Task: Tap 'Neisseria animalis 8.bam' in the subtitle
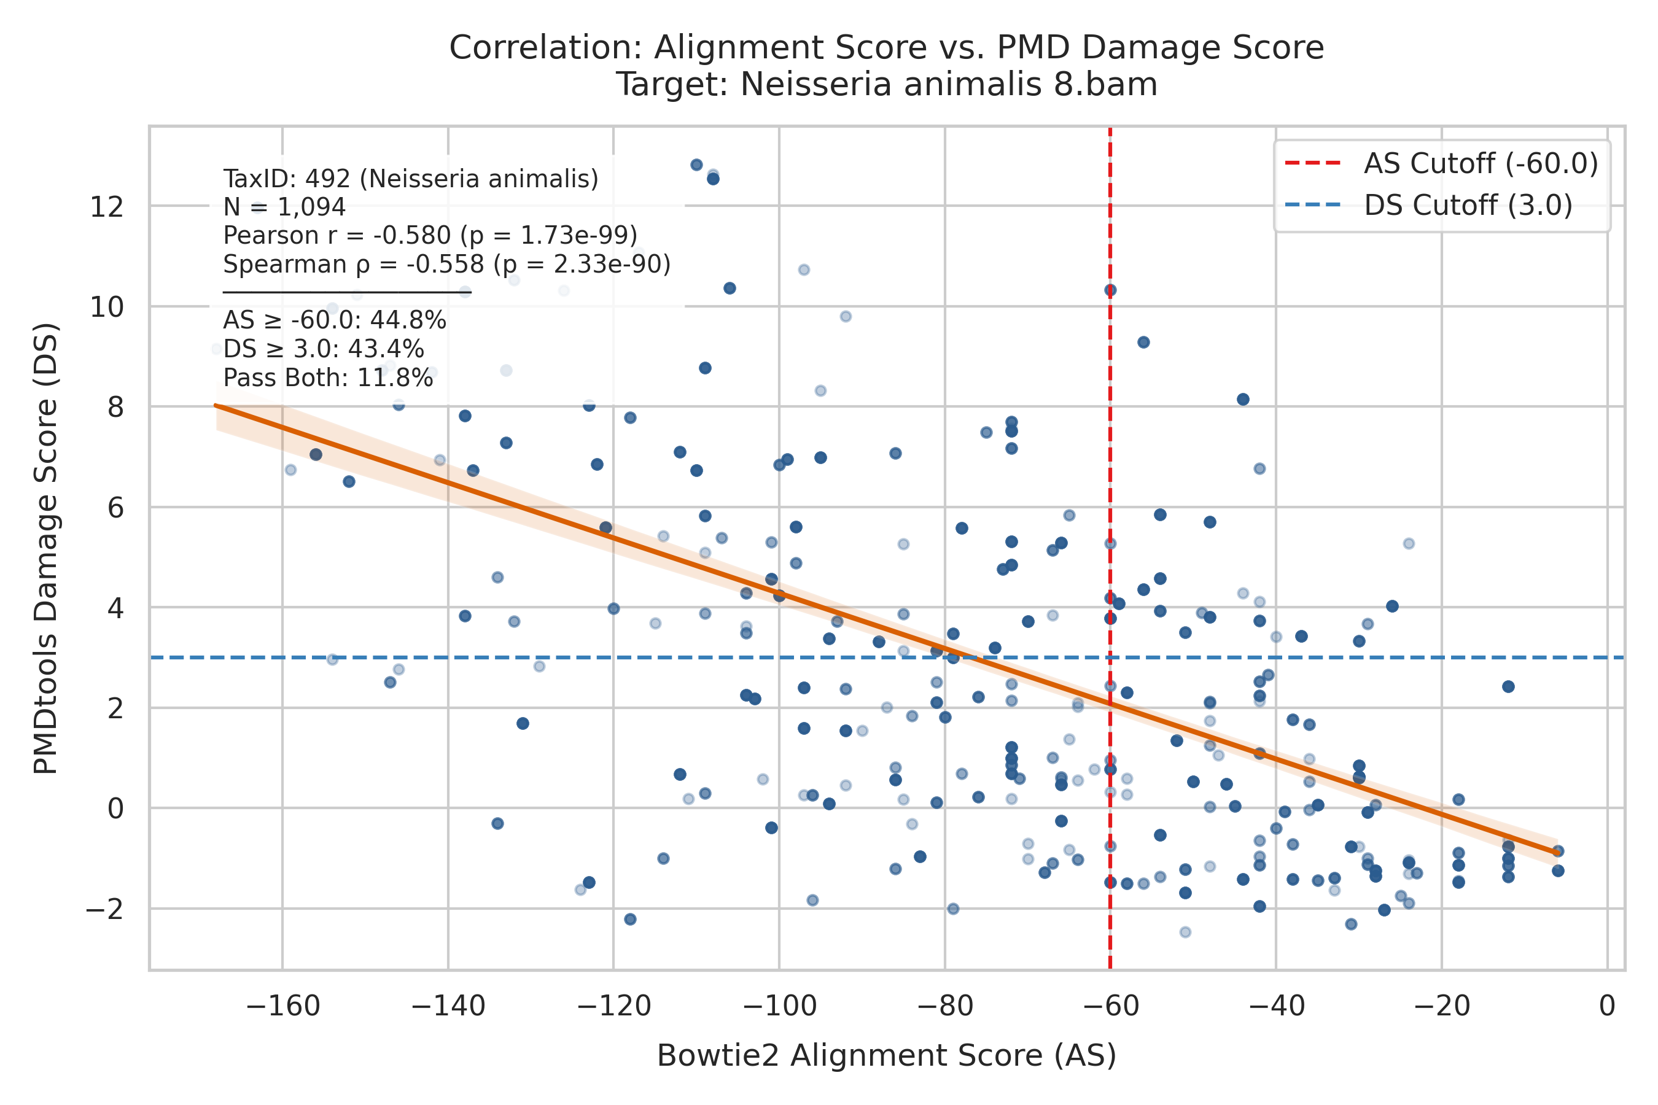(x=949, y=85)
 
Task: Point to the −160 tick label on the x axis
(x=282, y=1006)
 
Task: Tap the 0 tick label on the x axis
(x=1607, y=1006)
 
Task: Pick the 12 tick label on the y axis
(x=106, y=207)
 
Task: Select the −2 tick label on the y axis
(x=104, y=909)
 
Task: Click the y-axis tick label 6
(x=115, y=508)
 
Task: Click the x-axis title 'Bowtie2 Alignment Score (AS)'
(x=887, y=1056)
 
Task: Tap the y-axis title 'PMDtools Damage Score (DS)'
(x=46, y=548)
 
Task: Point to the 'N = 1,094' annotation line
(x=284, y=207)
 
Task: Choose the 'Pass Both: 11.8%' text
(x=328, y=378)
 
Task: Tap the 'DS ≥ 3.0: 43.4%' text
(x=324, y=349)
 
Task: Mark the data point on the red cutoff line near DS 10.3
(x=1110, y=290)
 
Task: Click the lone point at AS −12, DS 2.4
(x=1508, y=686)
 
